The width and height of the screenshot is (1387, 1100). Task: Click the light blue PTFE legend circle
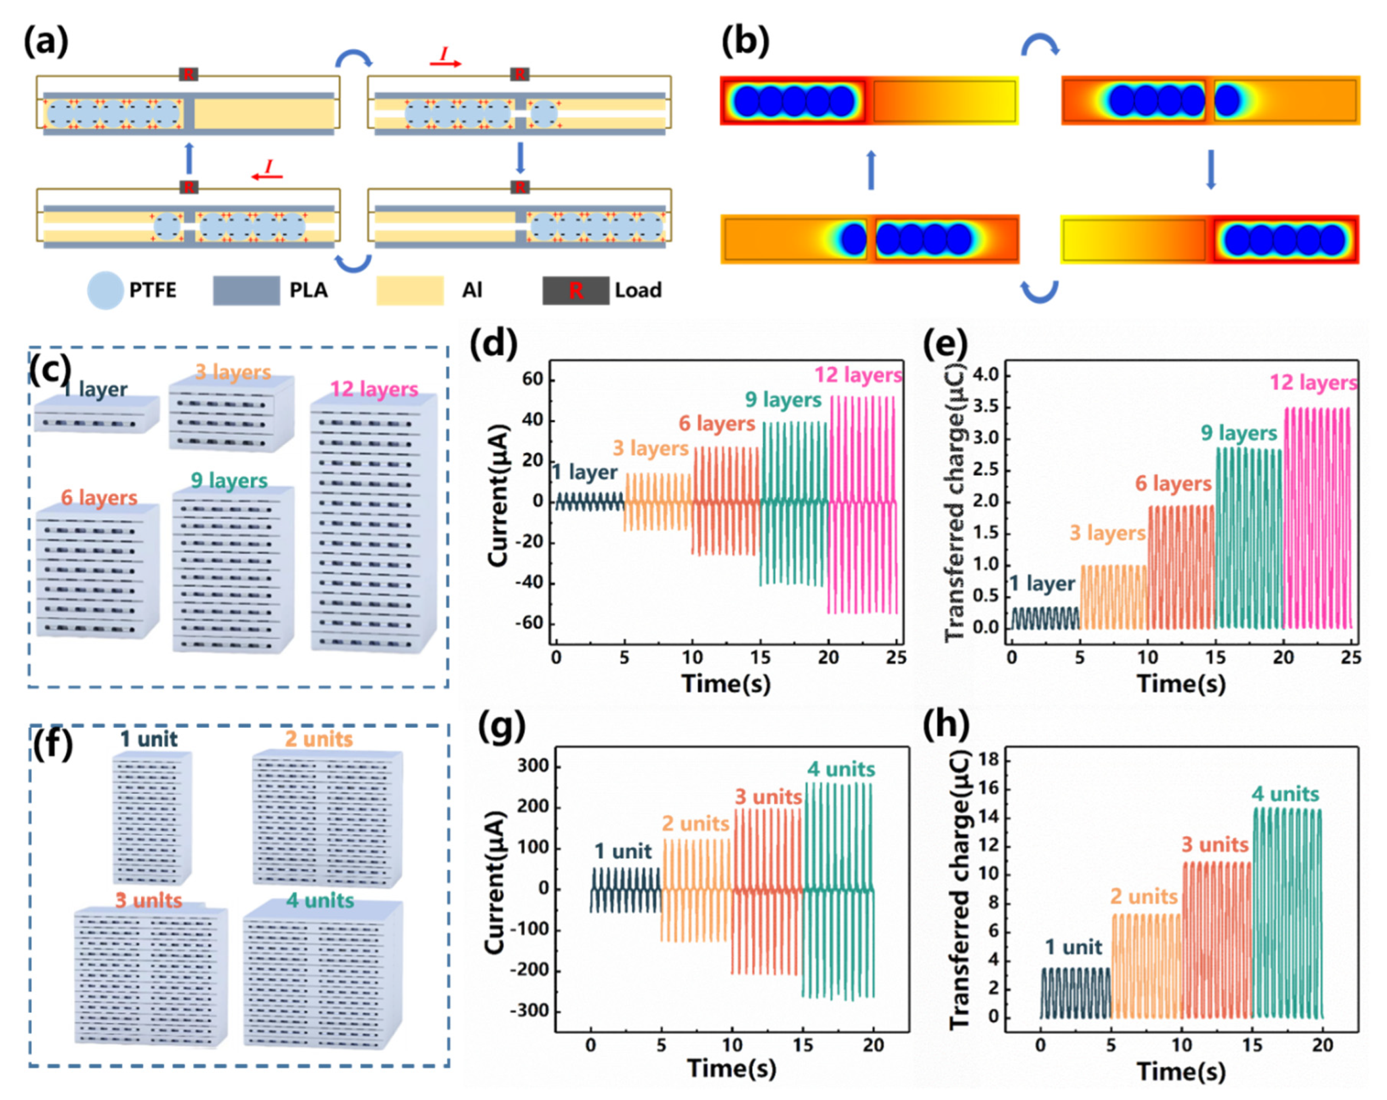pos(105,290)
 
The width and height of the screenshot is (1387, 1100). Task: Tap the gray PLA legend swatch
pos(246,290)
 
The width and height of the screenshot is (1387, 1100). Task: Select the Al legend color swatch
pos(410,290)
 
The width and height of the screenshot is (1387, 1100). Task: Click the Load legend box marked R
pos(575,290)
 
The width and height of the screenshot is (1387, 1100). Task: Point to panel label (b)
pos(745,42)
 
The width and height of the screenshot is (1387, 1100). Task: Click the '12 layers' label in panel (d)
pos(857,374)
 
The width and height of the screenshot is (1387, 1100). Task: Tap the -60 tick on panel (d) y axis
pos(531,623)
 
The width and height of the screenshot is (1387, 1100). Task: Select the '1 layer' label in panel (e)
pos(1042,584)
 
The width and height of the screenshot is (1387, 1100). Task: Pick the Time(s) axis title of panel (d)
pos(726,682)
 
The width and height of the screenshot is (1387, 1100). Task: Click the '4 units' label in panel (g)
pos(841,769)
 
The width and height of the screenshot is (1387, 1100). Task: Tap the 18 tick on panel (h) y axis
pos(990,760)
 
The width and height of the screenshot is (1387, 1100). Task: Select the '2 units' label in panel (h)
pos(1143,896)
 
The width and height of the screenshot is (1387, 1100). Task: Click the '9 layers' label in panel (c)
pos(229,481)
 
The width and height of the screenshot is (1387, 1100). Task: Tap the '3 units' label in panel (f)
pos(149,900)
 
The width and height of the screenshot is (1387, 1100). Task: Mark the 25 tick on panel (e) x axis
pos(1351,657)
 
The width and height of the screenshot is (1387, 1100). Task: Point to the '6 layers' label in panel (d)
pos(717,423)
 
